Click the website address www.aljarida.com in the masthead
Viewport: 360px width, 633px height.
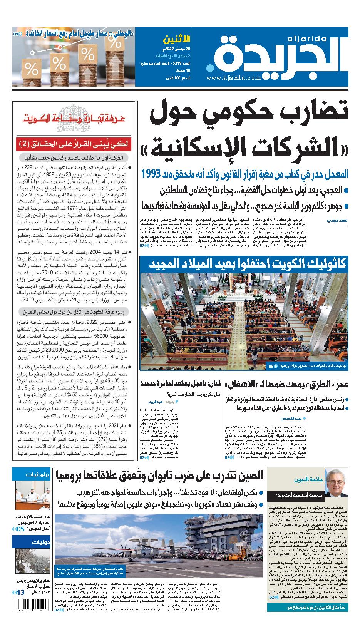[x=233, y=78]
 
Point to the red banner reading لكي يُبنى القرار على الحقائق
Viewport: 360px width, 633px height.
[x=74, y=145]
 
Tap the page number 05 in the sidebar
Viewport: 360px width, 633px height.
[x=20, y=529]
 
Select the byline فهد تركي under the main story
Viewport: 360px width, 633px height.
[x=342, y=221]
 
